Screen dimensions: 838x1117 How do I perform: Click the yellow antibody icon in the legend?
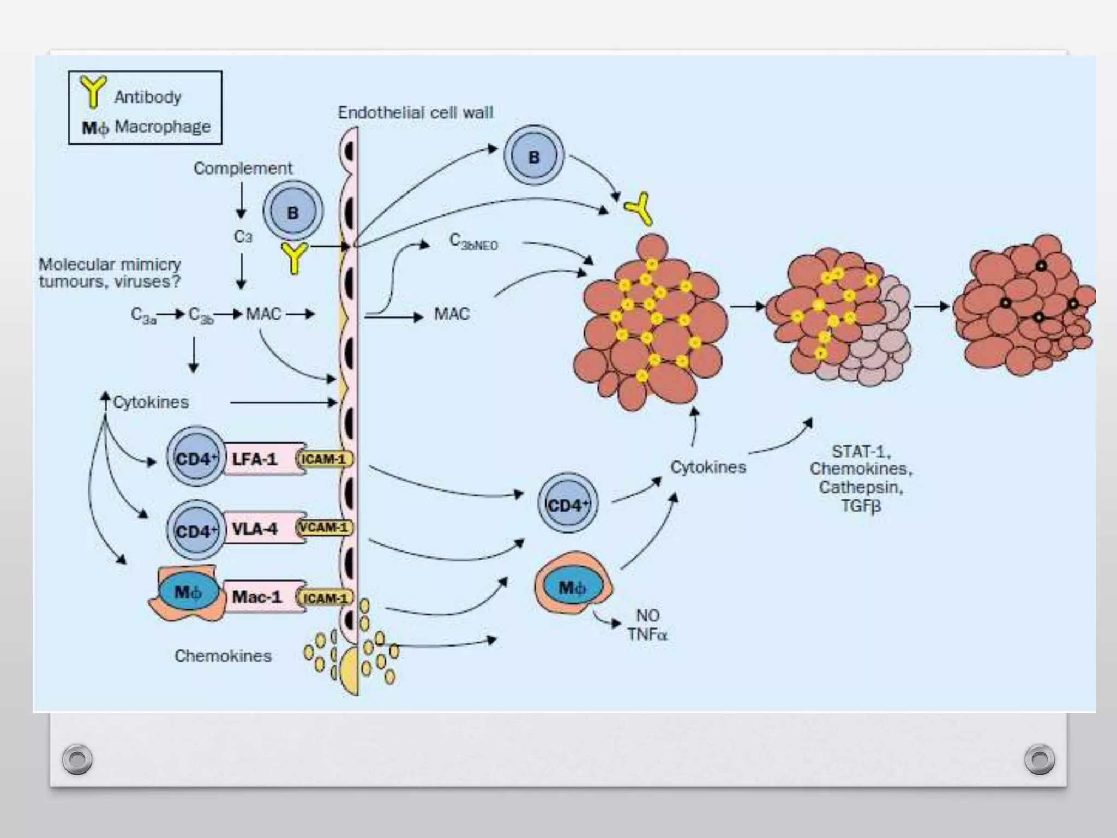pos(93,92)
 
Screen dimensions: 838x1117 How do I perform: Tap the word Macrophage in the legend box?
pos(162,127)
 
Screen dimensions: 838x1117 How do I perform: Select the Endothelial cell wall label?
pos(415,112)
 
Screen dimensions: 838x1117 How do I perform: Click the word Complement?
pos(243,168)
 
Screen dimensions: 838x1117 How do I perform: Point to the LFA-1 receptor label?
pos(254,459)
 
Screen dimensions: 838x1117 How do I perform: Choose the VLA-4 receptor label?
pos(254,529)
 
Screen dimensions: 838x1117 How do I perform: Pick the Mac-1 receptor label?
pos(256,597)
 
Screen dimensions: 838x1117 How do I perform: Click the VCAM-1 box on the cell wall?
pos(325,528)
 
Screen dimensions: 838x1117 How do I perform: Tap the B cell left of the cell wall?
pos(293,212)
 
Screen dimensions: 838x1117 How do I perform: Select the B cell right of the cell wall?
pos(533,157)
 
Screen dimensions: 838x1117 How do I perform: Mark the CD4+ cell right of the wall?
pos(567,504)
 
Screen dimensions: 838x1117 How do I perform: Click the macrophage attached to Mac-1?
pos(187,592)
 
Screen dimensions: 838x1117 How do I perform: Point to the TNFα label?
pos(647,635)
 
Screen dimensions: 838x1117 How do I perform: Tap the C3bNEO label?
pos(473,242)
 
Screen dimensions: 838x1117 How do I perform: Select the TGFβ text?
pos(861,506)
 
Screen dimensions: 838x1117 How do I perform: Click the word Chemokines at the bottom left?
pos(223,655)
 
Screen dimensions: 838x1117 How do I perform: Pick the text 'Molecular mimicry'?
pos(110,264)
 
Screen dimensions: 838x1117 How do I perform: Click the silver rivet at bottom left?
pos(77,759)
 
